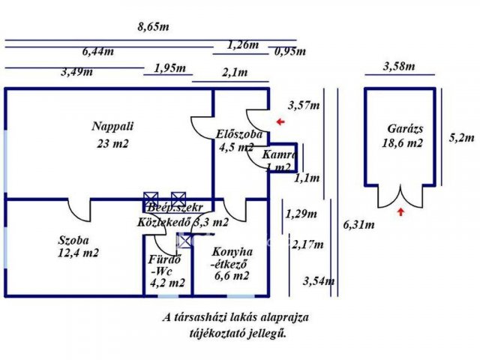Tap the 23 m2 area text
(x=112, y=143)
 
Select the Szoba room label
(x=73, y=241)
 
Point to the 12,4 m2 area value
(x=78, y=253)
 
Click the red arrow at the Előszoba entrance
(x=280, y=121)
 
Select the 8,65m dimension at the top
(x=153, y=26)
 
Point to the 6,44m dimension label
(x=98, y=52)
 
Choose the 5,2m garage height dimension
(x=461, y=137)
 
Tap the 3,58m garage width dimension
(x=398, y=66)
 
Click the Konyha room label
(x=232, y=252)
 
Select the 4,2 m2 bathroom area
(x=166, y=283)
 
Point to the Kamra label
(x=280, y=154)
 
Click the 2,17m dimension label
(x=307, y=244)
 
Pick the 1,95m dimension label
(x=169, y=68)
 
